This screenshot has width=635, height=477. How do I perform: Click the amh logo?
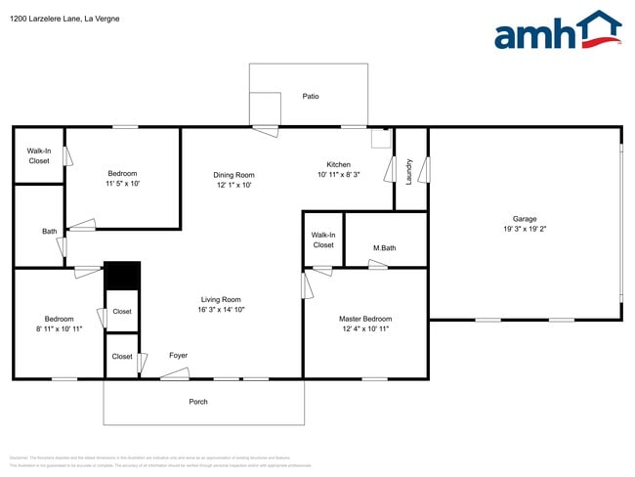(557, 31)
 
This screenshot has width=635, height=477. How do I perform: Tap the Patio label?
(310, 96)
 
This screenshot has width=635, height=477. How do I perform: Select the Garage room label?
(525, 219)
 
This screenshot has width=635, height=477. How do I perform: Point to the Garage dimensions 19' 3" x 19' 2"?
(525, 229)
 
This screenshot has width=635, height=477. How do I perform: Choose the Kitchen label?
(338, 164)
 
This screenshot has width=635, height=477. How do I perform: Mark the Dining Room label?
(233, 175)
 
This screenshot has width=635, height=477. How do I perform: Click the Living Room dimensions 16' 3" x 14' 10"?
(221, 310)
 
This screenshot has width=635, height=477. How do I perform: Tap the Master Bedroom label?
(364, 319)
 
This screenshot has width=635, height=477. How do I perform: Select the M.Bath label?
(384, 248)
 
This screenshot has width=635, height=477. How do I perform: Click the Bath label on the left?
(49, 232)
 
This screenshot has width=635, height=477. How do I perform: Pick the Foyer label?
(178, 356)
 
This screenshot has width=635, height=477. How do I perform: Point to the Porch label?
(198, 402)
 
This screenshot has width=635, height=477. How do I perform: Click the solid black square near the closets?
(122, 276)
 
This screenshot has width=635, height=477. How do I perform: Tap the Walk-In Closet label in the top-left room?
(39, 155)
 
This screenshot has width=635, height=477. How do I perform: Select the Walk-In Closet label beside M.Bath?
(323, 239)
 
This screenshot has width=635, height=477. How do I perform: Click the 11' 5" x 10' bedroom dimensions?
(122, 184)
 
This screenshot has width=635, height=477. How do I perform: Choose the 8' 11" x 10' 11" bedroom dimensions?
(58, 328)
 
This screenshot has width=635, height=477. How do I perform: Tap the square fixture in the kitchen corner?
(380, 139)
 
